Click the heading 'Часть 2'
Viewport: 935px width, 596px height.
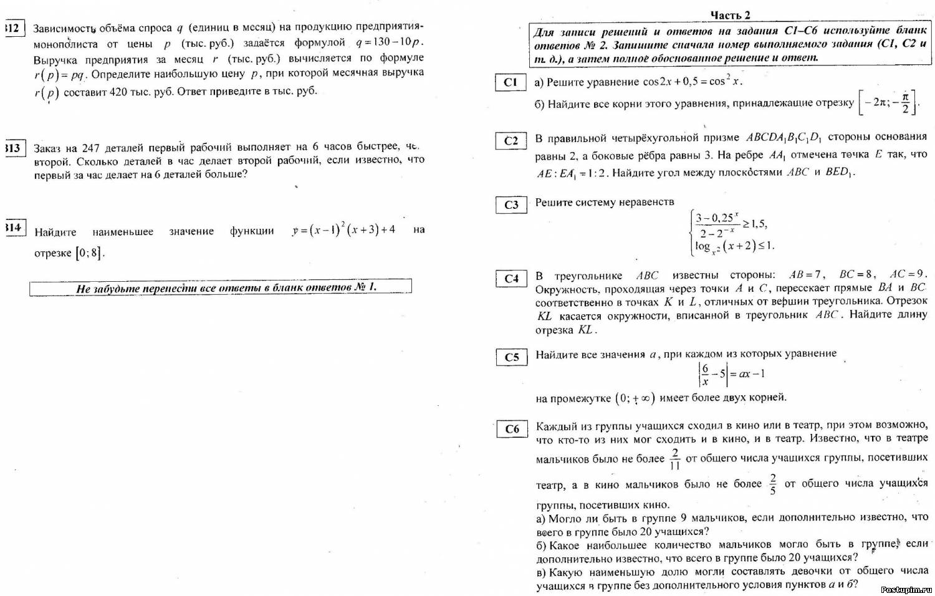[731, 15]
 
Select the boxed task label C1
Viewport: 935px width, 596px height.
[511, 82]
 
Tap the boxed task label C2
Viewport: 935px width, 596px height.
[511, 141]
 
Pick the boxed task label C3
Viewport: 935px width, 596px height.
[511, 204]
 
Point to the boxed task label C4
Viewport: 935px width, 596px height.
[511, 279]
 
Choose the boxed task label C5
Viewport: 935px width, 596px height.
[511, 357]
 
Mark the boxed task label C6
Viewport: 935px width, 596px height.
[512, 429]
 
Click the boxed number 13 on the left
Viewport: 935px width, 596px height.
[13, 148]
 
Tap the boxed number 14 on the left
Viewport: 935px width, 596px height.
[13, 228]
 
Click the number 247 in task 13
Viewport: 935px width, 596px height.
[90, 148]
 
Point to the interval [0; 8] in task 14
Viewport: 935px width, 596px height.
[88, 253]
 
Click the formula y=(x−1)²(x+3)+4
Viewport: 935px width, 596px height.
[343, 230]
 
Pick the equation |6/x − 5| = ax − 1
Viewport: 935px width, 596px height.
[731, 374]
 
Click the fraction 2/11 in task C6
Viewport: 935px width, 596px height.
[674, 459]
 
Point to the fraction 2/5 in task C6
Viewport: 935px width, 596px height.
[773, 484]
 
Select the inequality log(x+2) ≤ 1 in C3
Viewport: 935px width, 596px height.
[734, 246]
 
